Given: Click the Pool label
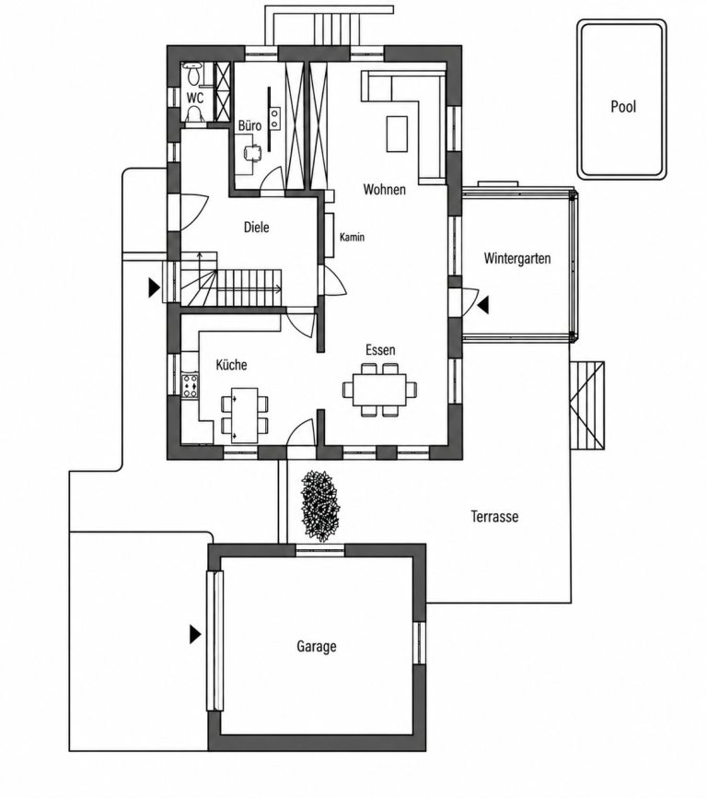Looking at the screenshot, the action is [623, 107].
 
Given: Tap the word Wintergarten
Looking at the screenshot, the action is [517, 259].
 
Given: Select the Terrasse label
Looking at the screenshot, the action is [494, 517].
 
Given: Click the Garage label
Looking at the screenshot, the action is [316, 646].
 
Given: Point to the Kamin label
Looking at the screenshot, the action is [352, 237].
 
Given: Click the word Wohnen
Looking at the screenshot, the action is [384, 189].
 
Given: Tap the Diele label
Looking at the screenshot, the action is [256, 227].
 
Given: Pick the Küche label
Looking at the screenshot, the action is [231, 364].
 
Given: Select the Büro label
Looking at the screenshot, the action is [249, 125].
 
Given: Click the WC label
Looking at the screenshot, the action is [195, 97].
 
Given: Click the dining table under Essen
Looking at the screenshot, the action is [379, 390].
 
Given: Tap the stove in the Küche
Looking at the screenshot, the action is [191, 385].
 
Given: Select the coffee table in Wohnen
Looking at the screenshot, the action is [397, 134].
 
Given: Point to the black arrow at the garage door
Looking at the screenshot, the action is [195, 634].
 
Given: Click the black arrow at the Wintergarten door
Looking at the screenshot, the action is [483, 305].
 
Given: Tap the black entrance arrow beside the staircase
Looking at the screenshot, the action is [154, 288].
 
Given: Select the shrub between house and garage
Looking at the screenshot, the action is [319, 505].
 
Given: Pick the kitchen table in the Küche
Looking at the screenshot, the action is [244, 416].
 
